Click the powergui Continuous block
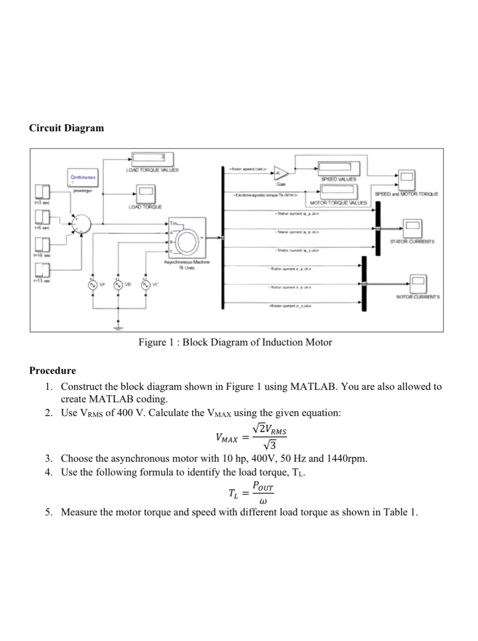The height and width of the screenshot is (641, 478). pyautogui.click(x=82, y=178)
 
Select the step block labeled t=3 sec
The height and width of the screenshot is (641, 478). pyautogui.click(x=42, y=192)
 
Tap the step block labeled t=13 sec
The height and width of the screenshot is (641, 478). pyautogui.click(x=42, y=270)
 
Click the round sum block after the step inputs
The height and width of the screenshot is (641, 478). pyautogui.click(x=82, y=224)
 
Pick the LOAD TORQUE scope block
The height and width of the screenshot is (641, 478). pyautogui.click(x=146, y=194)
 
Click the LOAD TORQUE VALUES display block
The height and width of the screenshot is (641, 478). pyautogui.click(x=152, y=159)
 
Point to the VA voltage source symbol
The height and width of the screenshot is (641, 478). pyautogui.click(x=93, y=285)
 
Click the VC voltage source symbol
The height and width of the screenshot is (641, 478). pyautogui.click(x=146, y=285)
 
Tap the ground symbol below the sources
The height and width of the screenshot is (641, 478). pyautogui.click(x=118, y=328)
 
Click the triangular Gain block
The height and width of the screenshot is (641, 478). pyautogui.click(x=281, y=173)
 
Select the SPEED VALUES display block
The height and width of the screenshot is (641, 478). pyautogui.click(x=339, y=168)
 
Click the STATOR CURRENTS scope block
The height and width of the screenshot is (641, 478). pyautogui.click(x=412, y=228)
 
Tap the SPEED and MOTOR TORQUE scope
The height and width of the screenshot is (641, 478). pyautogui.click(x=406, y=180)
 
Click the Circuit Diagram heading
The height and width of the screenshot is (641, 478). pyautogui.click(x=67, y=128)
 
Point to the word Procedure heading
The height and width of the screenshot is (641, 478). pyautogui.click(x=53, y=370)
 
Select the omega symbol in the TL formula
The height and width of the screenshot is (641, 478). pyautogui.click(x=263, y=501)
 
